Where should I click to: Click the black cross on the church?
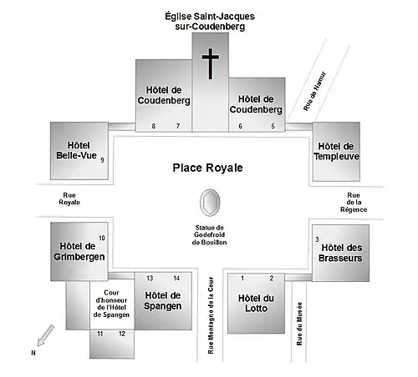(211, 63)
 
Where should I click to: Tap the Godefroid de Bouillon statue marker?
(210, 203)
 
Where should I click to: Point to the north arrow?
(45, 335)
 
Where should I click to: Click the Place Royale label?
(207, 168)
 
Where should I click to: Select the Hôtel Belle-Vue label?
(76, 150)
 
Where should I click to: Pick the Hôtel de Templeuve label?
(336, 151)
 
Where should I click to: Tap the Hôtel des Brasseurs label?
(340, 253)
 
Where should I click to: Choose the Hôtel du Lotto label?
(256, 304)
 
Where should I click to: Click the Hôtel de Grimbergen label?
(79, 251)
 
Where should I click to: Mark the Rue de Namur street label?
(314, 91)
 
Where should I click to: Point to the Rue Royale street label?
(69, 199)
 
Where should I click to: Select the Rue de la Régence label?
(354, 203)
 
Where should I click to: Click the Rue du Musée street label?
(299, 324)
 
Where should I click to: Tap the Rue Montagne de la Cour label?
(211, 315)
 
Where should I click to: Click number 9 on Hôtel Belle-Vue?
(102, 160)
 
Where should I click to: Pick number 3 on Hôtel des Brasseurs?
(317, 239)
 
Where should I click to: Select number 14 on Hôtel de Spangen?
(176, 278)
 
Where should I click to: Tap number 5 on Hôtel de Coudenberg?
(273, 126)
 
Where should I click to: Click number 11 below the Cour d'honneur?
(100, 334)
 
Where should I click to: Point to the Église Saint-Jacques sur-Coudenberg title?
(210, 22)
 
